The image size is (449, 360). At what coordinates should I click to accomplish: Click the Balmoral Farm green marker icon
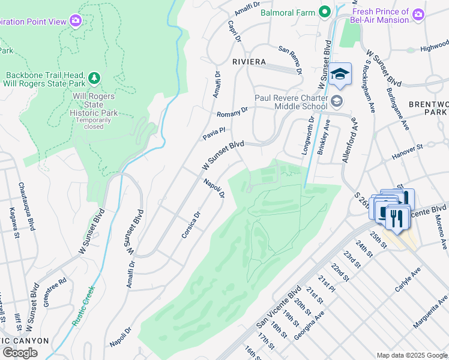click(325, 12)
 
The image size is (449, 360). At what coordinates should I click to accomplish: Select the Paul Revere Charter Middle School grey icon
click(336, 100)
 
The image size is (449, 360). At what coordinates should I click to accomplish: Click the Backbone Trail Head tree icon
click(93, 77)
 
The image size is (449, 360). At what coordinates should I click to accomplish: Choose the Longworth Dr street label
click(308, 137)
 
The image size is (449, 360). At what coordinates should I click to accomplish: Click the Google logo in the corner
click(20, 352)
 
